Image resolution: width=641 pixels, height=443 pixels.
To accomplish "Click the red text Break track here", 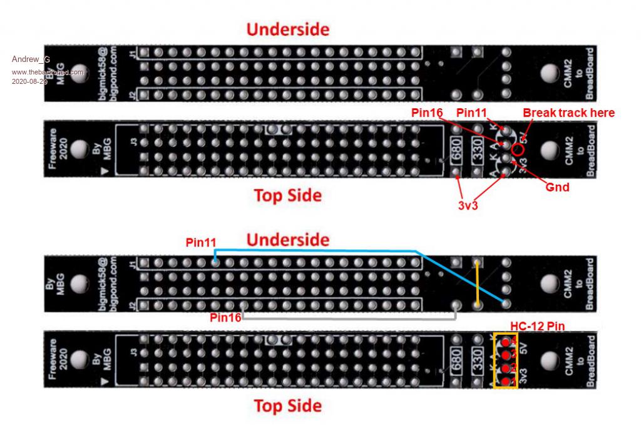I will click(x=568, y=113).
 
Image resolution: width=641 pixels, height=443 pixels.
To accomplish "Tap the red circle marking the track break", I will click(x=518, y=150).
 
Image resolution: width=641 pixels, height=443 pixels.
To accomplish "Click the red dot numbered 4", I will click(x=505, y=342).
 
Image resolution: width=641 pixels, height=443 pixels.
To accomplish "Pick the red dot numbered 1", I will click(x=505, y=380).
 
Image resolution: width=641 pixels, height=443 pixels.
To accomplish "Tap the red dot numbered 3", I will click(x=505, y=355).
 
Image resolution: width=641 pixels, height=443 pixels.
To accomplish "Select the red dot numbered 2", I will click(x=505, y=368).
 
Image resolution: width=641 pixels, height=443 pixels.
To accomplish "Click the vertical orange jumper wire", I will click(x=478, y=283).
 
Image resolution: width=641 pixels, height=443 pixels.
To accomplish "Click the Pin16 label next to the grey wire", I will click(x=225, y=317).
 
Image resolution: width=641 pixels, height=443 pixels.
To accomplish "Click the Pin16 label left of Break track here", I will click(x=427, y=112).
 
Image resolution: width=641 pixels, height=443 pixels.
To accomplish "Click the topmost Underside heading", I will click(x=287, y=29).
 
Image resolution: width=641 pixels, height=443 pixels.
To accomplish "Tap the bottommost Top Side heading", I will click(x=287, y=406).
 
